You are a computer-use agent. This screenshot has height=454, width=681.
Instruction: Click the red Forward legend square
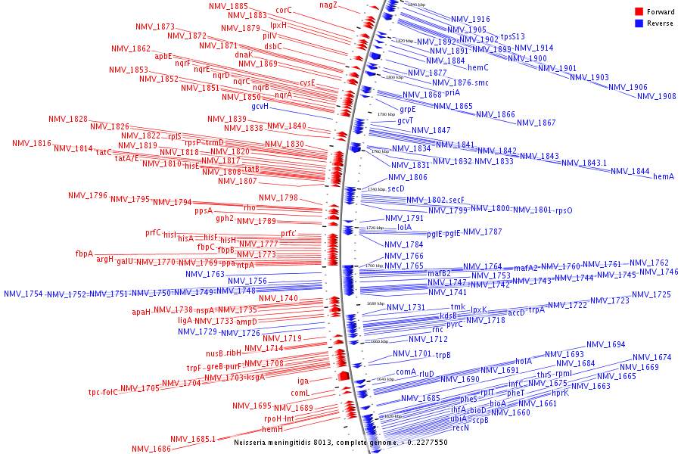coord(639,12)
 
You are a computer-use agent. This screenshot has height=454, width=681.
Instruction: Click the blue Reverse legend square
coord(639,23)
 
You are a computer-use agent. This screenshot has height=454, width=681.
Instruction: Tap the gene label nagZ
coord(328,5)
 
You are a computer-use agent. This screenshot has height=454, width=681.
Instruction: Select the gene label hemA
coord(663,176)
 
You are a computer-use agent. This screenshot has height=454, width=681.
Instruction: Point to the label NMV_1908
coord(656,96)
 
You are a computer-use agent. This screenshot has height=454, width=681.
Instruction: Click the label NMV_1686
coord(151,449)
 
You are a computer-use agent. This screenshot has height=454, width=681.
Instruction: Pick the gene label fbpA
coord(84,253)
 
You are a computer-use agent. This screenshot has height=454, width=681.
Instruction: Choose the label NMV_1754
coord(23,294)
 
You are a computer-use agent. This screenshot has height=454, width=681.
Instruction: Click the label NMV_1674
coord(651,357)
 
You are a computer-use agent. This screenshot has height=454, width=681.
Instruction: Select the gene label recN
coord(461,428)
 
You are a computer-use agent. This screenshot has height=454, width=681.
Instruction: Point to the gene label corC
coord(284,11)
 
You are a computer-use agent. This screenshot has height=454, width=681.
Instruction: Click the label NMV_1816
coord(32,144)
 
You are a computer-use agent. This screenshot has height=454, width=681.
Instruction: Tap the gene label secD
coord(396,188)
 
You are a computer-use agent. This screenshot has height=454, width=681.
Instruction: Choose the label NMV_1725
coord(651,294)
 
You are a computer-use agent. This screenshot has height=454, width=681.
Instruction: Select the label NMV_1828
coord(68,120)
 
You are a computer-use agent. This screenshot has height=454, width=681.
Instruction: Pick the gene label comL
coord(301,393)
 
